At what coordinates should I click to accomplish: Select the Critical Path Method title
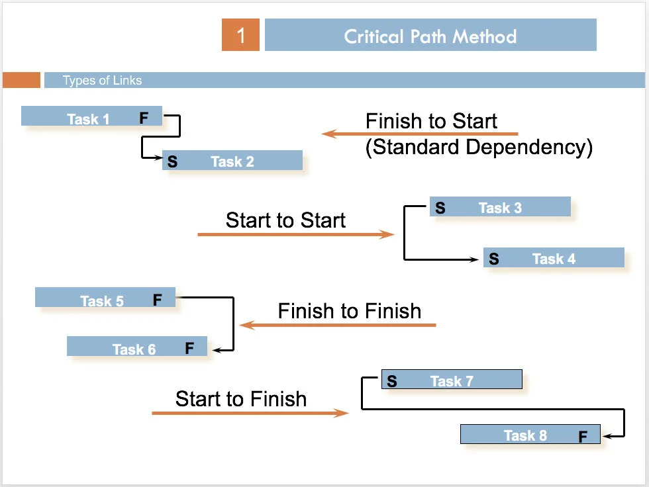point(430,36)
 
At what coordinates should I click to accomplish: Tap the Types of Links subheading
point(102,81)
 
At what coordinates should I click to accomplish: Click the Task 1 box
point(91,117)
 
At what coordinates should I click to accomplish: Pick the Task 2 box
point(232,161)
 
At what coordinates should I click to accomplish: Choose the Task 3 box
point(500,207)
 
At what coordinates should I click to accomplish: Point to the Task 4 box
point(554,258)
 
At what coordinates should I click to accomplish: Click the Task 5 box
point(105,298)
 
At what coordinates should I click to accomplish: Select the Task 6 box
point(137,347)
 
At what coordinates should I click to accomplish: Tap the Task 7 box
point(452,380)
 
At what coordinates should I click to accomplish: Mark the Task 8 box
point(530,435)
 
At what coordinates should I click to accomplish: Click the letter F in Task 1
point(144,118)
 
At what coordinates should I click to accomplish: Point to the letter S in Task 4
point(494,259)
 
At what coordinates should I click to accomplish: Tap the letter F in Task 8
point(583,437)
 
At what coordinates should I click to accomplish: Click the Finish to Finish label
point(349,311)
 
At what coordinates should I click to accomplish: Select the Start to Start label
point(285,220)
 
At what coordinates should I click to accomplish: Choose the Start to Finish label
point(241,399)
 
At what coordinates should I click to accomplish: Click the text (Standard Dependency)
point(478,147)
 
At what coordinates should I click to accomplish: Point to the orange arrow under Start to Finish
point(250,414)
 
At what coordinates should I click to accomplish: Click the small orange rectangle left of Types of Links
point(22,80)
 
